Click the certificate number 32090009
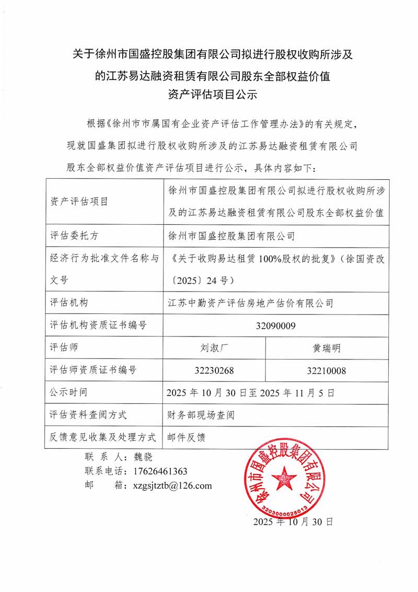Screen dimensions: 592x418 [276, 326]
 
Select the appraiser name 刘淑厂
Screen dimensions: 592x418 [214, 347]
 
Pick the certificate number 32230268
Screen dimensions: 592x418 [214, 370]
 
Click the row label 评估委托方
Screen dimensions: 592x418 [74, 236]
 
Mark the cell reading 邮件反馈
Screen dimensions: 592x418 [187, 437]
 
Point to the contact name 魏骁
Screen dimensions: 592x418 [143, 456]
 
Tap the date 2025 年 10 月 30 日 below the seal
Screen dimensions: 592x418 [293, 521]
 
